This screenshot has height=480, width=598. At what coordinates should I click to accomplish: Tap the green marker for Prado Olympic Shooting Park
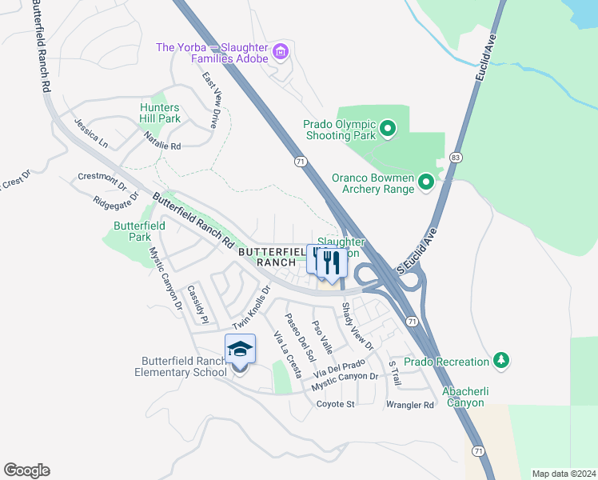point(388,128)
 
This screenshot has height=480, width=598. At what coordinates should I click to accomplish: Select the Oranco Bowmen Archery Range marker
point(426,183)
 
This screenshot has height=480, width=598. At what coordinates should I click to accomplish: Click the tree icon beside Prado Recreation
point(501,361)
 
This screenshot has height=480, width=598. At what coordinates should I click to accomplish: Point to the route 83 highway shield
point(456,158)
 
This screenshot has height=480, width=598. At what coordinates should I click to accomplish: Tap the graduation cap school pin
point(240,350)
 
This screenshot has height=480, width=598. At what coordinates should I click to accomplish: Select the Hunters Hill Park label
point(160,113)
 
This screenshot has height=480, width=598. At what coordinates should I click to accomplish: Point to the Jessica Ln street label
point(90,134)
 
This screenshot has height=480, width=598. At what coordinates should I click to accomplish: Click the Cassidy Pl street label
point(197,304)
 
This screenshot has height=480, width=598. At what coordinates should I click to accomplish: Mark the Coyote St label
point(335,404)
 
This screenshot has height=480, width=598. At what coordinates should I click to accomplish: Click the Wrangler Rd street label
point(409,405)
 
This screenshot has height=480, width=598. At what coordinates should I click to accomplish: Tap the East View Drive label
point(210,100)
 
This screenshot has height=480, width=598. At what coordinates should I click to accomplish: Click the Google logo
point(26,470)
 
